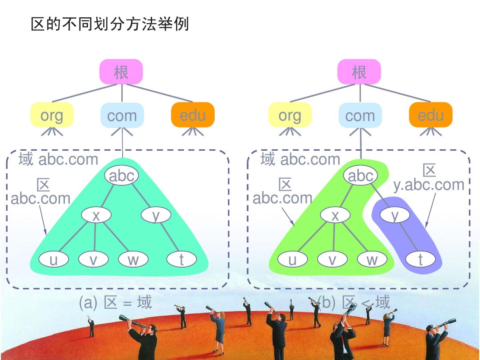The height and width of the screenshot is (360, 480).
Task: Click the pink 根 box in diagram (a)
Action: coord(121,72)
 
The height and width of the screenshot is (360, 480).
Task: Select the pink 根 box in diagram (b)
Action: coord(359,72)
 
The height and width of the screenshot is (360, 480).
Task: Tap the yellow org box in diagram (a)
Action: coord(52,115)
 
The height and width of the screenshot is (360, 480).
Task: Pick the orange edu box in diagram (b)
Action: coord(430,115)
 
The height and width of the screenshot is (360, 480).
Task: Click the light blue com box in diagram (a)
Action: coord(122,115)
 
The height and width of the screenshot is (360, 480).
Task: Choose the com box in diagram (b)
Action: coord(360,115)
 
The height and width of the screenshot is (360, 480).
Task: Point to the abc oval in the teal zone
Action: coord(121,175)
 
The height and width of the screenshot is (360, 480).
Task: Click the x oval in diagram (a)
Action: coord(96,215)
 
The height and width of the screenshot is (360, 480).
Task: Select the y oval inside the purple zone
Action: coord(395,215)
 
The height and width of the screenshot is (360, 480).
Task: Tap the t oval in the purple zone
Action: coord(420,259)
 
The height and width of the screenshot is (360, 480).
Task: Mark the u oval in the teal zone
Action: coord(53,259)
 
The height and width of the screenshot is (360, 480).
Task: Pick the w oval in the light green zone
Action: coord(372,259)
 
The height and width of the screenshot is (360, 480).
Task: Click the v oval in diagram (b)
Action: coord(332,259)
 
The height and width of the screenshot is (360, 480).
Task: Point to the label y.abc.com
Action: coord(429,184)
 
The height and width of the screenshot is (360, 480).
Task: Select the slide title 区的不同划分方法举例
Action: coord(110,24)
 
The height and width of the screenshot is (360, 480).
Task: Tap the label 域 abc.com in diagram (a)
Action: coord(58,159)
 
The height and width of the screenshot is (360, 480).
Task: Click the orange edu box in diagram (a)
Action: coord(193,115)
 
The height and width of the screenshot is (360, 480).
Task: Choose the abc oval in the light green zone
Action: coord(360,175)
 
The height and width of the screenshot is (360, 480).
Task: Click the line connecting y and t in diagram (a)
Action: coord(169,237)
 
